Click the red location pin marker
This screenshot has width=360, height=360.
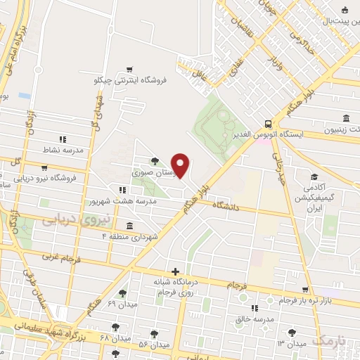[181, 166]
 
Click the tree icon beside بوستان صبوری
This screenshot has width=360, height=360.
[154, 161]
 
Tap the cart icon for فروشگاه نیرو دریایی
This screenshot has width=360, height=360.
[45, 168]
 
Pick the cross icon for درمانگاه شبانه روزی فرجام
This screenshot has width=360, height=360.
[175, 272]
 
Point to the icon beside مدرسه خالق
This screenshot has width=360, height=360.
[254, 308]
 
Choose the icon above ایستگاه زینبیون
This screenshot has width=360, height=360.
[345, 118]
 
